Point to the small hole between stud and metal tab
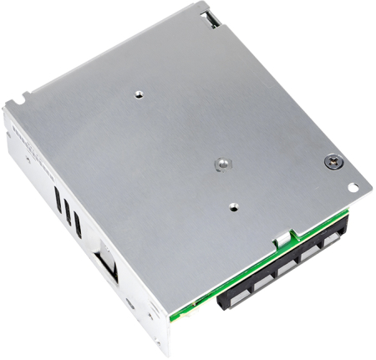click(x=234, y=203)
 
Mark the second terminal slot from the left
click(x=261, y=281)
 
